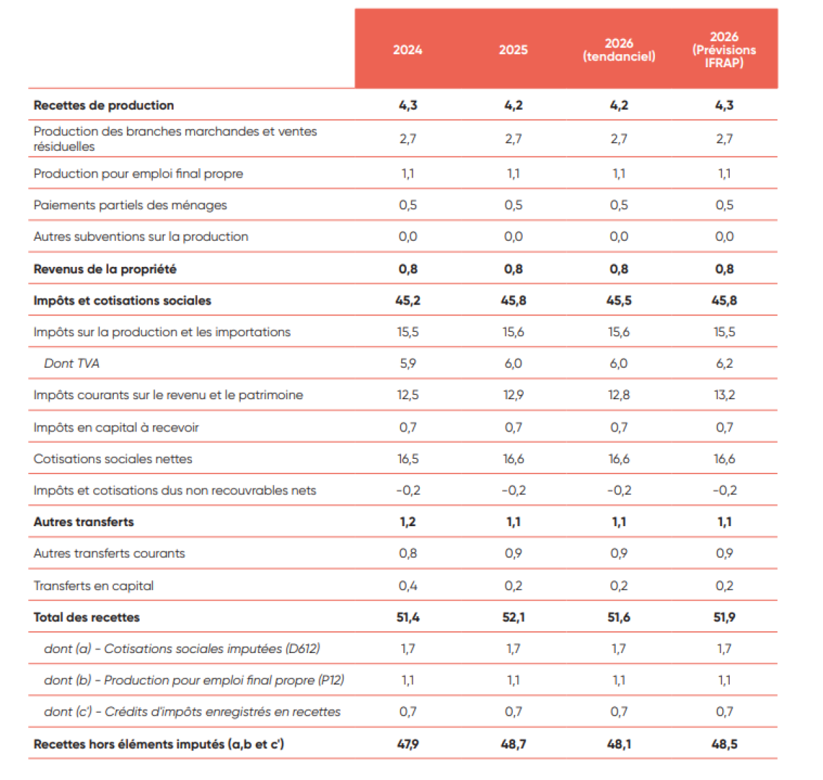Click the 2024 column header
[407, 50]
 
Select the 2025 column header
[513, 50]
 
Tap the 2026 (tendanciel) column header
[619, 50]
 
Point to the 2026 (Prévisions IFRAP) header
[724, 50]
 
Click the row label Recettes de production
[104, 105]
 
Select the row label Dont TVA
[71, 364]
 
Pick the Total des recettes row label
[86, 617]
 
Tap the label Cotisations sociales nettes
[112, 459]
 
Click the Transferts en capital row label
[93, 586]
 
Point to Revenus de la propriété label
[105, 269]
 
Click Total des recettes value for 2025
[513, 617]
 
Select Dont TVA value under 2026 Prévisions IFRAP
[724, 364]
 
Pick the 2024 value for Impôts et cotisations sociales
[407, 300]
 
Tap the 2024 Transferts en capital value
[407, 586]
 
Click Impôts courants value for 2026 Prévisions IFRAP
[724, 395]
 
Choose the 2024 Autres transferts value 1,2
[407, 522]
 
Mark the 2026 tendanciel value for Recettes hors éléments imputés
[619, 744]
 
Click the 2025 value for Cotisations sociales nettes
[513, 459]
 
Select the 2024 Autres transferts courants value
[407, 554]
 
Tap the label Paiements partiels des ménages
[130, 205]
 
